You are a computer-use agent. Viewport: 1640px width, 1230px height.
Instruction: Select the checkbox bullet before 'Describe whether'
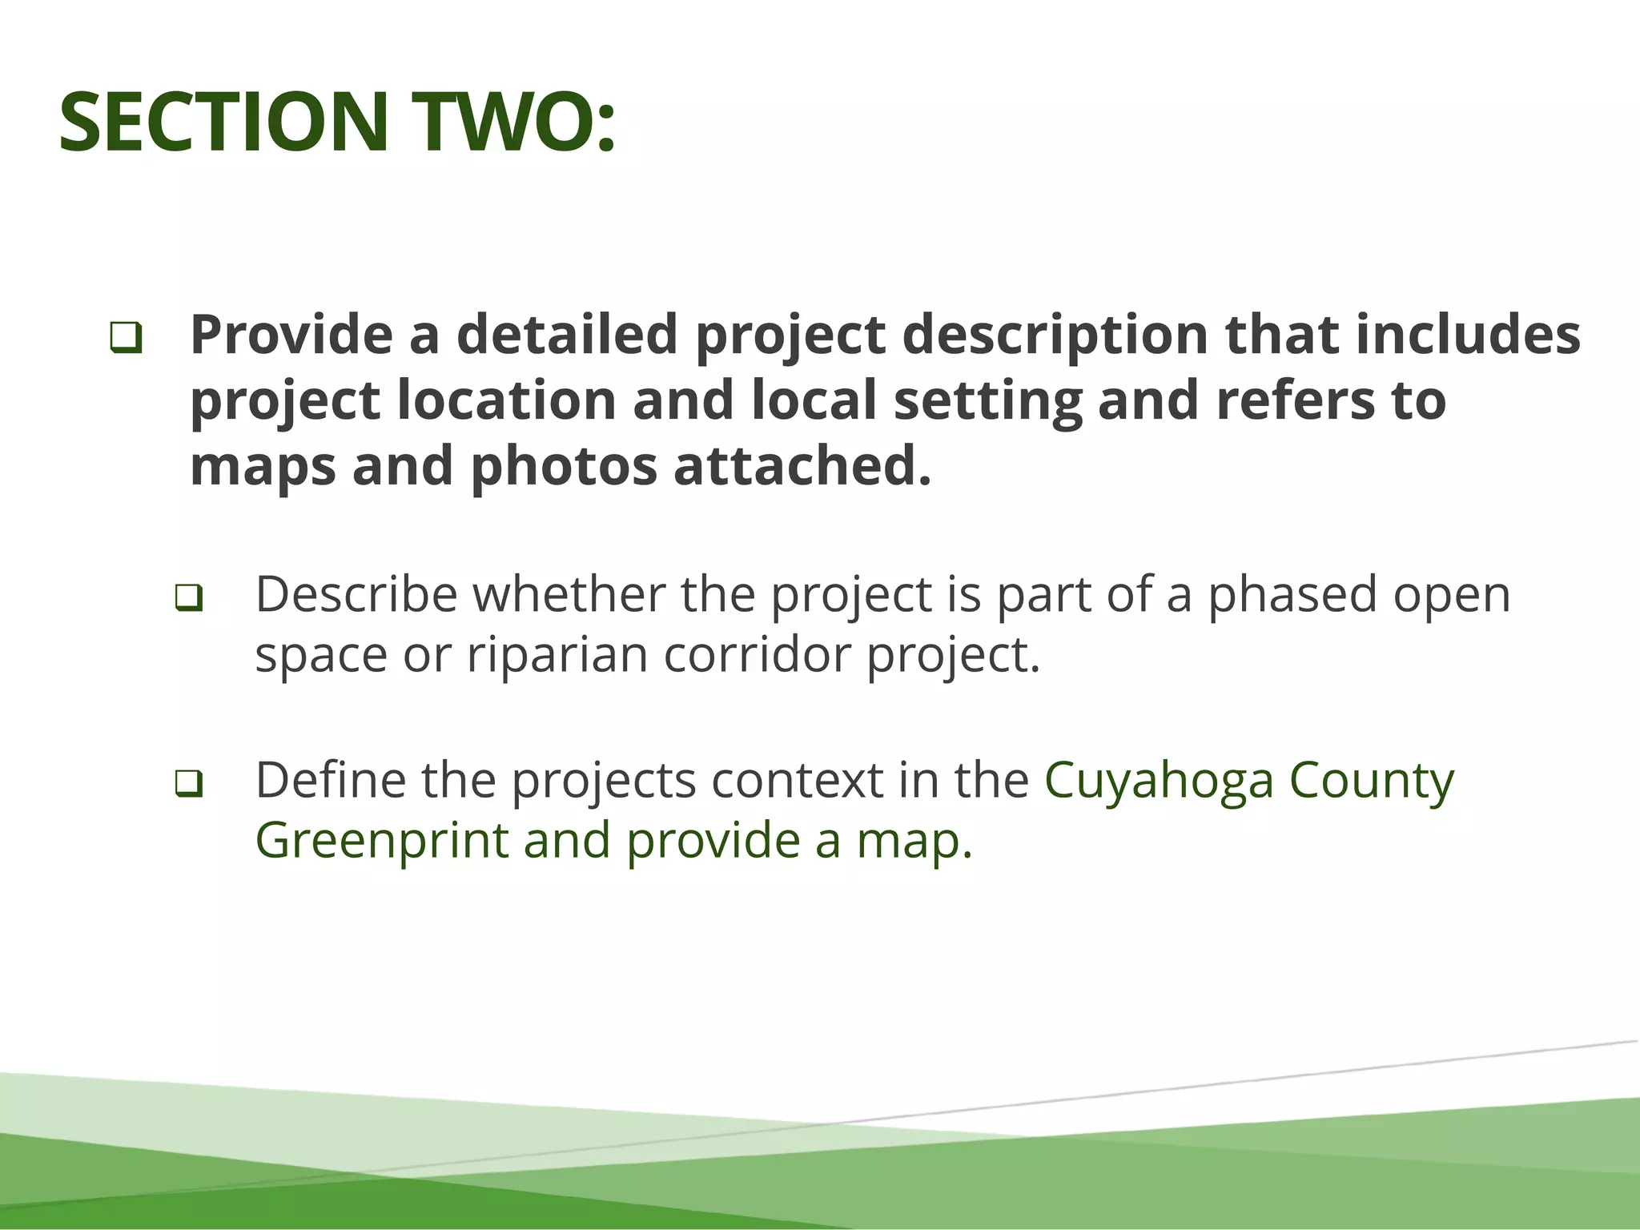pyautogui.click(x=188, y=597)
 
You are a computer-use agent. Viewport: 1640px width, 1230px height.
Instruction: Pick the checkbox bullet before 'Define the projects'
pyautogui.click(x=188, y=783)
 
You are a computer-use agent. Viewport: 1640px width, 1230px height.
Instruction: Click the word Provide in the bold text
pyautogui.click(x=291, y=335)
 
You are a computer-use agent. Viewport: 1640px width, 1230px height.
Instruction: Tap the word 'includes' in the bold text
pyautogui.click(x=1468, y=335)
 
